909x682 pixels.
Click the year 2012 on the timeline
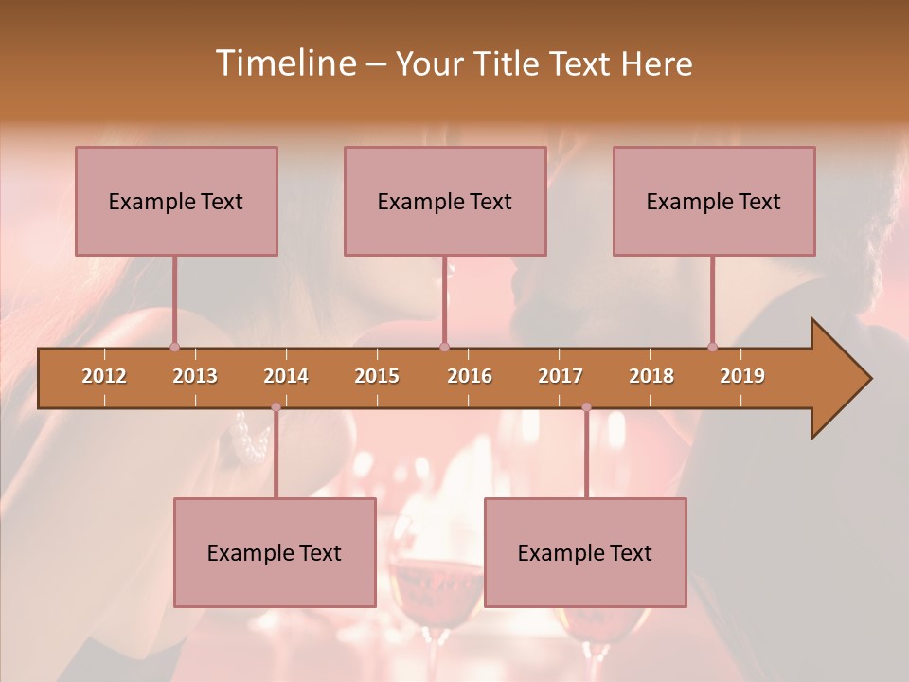(104, 376)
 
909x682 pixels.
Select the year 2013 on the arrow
(195, 376)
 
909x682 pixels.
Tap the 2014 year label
(286, 376)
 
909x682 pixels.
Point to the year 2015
(377, 376)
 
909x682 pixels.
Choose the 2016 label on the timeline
(470, 376)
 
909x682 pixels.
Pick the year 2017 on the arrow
(561, 376)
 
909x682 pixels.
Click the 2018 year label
(651, 376)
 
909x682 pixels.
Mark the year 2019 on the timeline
(742, 376)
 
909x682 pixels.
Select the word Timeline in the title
(283, 63)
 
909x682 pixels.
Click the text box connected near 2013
(176, 201)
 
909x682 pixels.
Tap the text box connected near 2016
(445, 201)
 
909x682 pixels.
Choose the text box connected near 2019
(714, 201)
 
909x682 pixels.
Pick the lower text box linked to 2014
(275, 552)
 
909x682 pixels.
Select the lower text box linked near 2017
(585, 552)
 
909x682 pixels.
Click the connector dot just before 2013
(174, 347)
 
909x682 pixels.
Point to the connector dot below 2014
(276, 407)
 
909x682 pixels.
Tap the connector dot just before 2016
(444, 347)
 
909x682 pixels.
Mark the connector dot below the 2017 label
(586, 407)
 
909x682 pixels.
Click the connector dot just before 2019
(712, 347)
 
